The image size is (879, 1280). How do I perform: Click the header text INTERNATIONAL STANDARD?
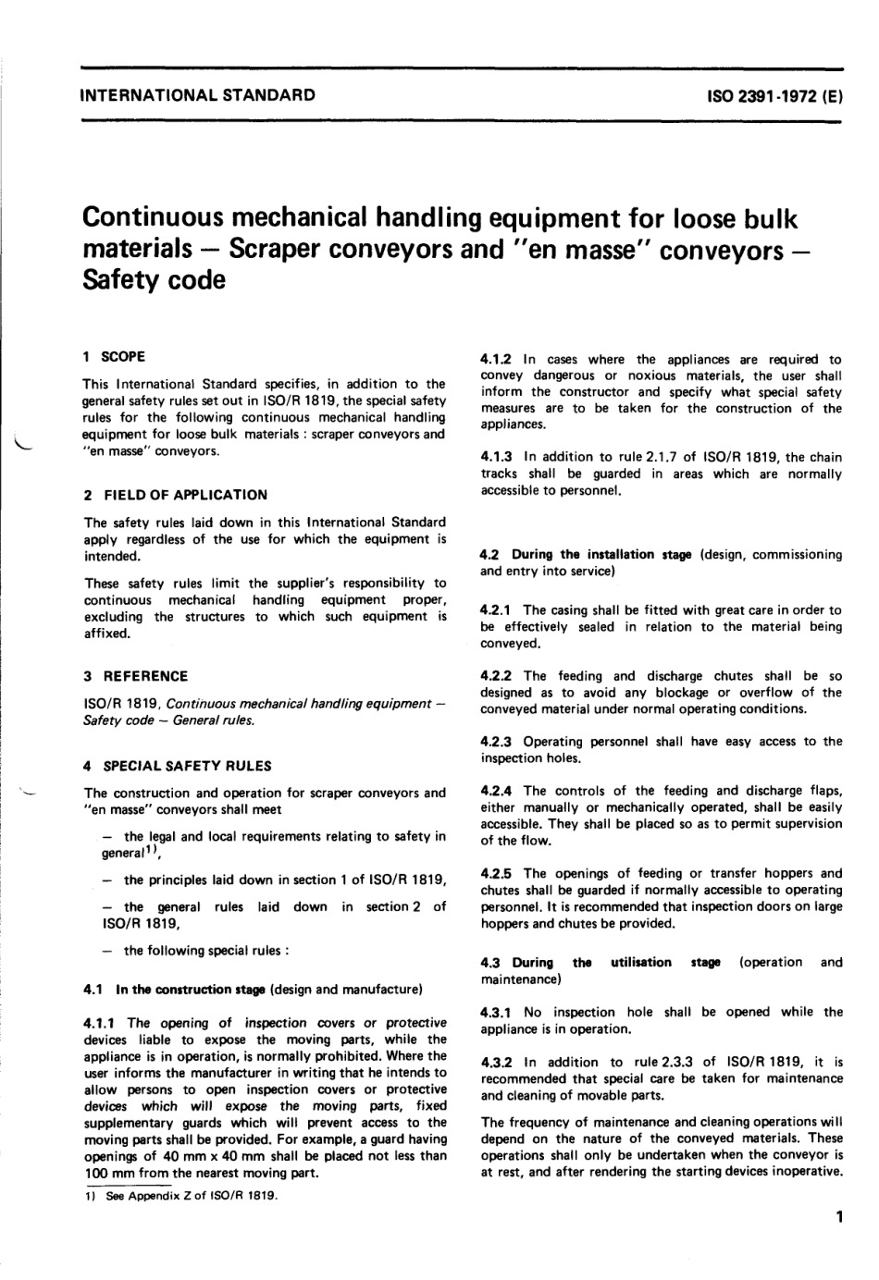[x=198, y=94]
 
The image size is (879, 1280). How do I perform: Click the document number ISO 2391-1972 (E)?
[x=774, y=95]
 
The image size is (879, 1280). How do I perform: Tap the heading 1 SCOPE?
[x=114, y=356]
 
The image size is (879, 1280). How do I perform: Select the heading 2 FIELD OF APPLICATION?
[x=176, y=495]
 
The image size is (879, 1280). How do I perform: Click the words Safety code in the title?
[x=154, y=279]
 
